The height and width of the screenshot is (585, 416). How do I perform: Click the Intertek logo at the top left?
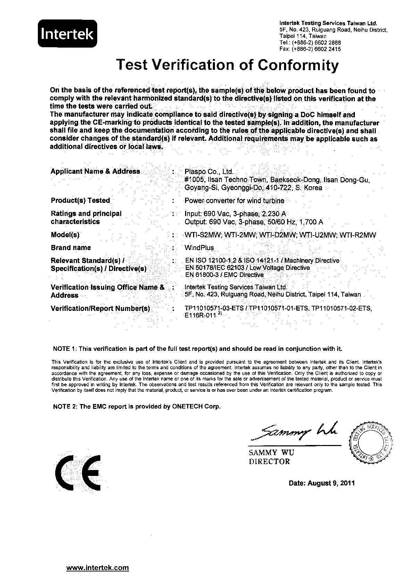[67, 34]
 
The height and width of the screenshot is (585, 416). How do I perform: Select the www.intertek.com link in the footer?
[98, 568]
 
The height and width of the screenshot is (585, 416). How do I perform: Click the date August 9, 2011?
[322, 483]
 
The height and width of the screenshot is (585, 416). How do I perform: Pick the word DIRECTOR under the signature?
[269, 462]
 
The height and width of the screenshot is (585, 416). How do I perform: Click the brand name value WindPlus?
[200, 248]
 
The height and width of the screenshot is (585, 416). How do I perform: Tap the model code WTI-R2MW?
[358, 235]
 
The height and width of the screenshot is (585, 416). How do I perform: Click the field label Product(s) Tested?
[80, 200]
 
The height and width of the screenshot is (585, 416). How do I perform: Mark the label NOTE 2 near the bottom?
[65, 406]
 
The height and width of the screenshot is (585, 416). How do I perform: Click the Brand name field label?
[70, 248]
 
